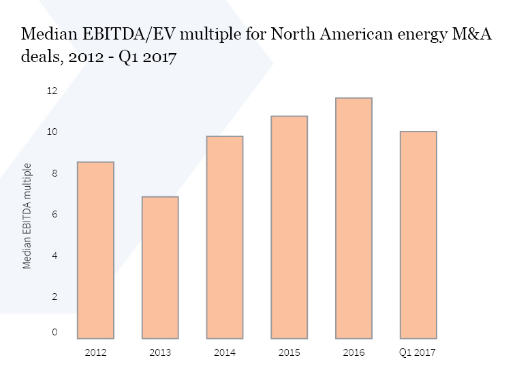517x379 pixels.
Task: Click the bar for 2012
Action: [95, 250]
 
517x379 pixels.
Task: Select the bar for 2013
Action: [160, 267]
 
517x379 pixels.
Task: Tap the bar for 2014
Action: [225, 237]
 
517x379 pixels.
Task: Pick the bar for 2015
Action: [289, 227]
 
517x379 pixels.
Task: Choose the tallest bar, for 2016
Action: [354, 218]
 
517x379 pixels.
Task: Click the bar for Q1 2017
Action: [418, 234]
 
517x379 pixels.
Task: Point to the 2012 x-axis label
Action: [95, 352]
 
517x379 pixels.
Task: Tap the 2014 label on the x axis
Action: [225, 352]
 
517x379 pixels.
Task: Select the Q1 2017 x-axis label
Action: [418, 352]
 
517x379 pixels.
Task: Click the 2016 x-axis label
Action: [354, 352]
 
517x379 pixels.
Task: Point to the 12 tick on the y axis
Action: [51, 91]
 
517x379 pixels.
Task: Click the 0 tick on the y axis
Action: [54, 332]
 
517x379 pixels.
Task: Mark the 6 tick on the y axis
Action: [54, 215]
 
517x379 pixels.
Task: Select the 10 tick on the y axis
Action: [51, 132]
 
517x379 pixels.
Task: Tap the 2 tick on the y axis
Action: [54, 297]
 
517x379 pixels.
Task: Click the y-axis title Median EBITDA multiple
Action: [28, 215]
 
